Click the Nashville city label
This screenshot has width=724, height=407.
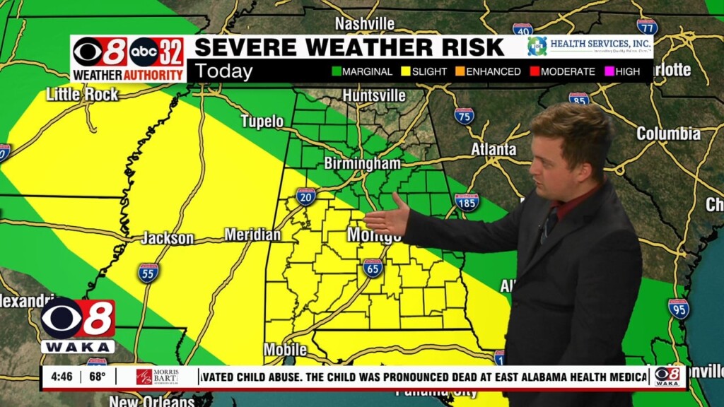click(x=364, y=24)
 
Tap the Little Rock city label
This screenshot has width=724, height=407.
click(x=82, y=94)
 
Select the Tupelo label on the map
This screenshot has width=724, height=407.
click(x=262, y=122)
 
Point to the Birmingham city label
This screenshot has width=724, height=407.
click(x=362, y=164)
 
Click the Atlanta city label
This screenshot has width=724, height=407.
click(x=494, y=150)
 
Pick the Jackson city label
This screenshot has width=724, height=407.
click(x=167, y=239)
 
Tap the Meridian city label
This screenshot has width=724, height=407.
click(x=252, y=235)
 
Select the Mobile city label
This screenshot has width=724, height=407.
click(x=285, y=350)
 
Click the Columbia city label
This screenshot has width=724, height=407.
click(x=668, y=134)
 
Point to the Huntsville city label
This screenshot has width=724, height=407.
click(x=374, y=95)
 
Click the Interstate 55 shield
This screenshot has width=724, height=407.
click(x=148, y=273)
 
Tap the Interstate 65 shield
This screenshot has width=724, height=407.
click(x=373, y=268)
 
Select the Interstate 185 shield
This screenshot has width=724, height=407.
click(x=467, y=202)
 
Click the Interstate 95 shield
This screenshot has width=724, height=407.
click(x=678, y=308)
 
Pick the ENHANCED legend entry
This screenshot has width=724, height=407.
click(x=488, y=71)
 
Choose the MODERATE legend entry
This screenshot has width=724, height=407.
click(x=562, y=71)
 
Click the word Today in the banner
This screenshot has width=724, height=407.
click(x=223, y=71)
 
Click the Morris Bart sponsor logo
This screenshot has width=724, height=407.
click(x=158, y=377)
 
